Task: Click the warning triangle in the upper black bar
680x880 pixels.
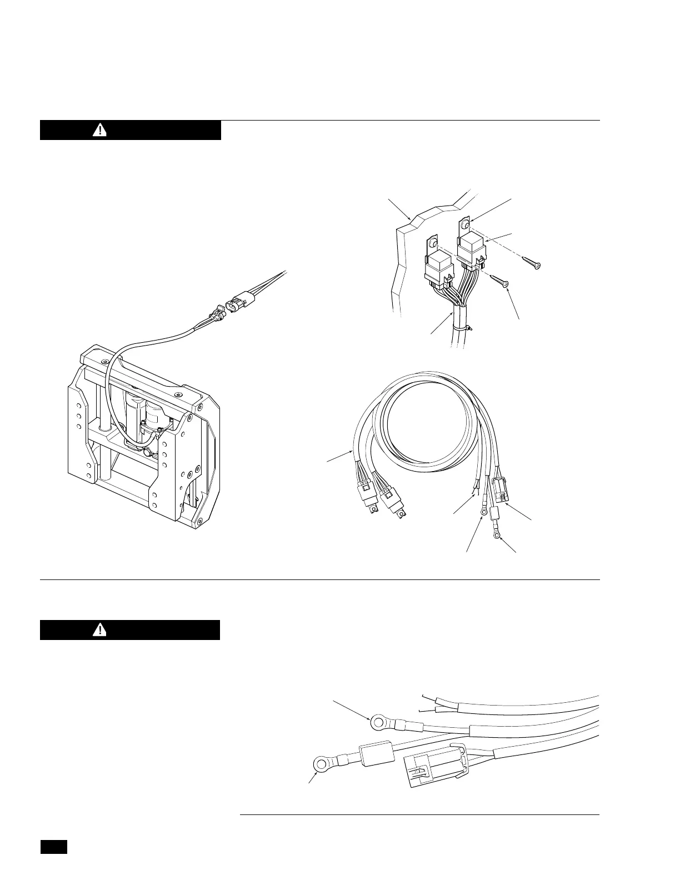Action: [99, 130]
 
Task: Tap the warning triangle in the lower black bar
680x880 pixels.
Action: [99, 629]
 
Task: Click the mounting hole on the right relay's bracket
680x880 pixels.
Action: [466, 223]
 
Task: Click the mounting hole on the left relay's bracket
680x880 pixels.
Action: [433, 242]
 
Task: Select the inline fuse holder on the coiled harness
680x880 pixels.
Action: [494, 513]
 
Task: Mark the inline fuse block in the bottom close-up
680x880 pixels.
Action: [377, 754]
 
